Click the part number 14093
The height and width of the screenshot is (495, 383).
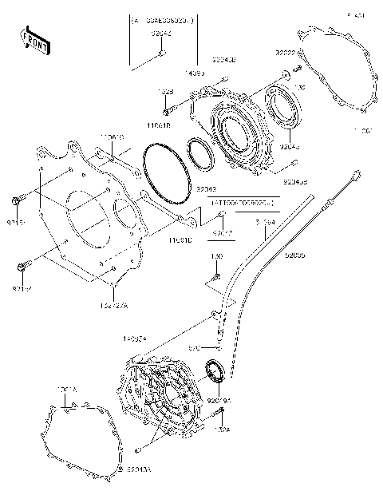coord(194,72)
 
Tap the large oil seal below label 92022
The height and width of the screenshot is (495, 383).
coord(283,112)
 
